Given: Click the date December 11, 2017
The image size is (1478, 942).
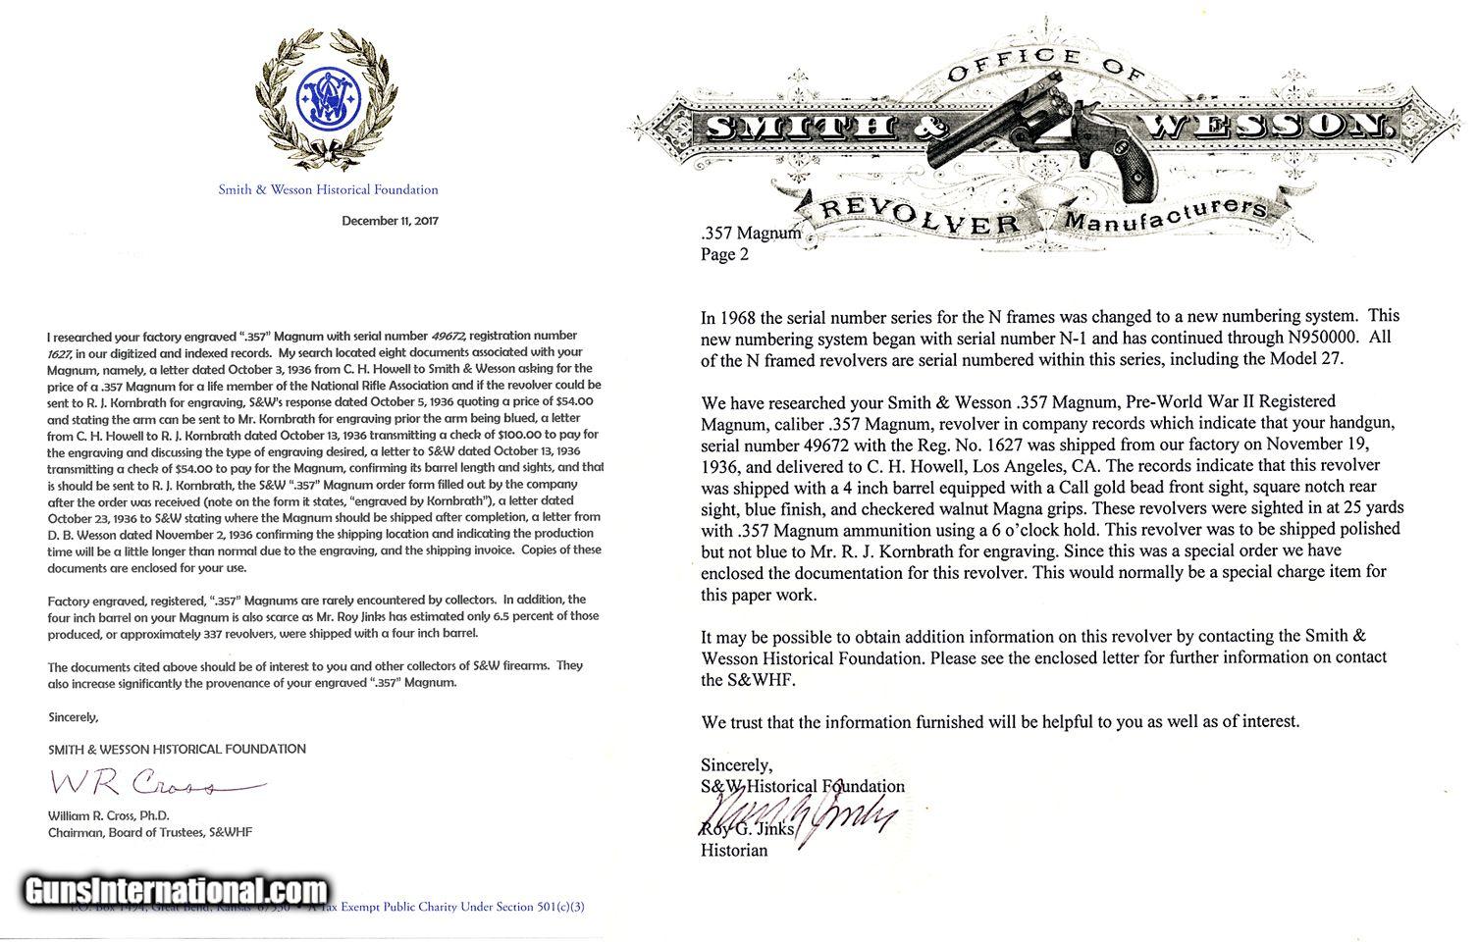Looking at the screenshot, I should [390, 221].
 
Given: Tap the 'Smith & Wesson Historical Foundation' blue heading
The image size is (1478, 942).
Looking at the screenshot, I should [328, 189].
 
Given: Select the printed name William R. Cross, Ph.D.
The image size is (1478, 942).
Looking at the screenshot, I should [109, 815].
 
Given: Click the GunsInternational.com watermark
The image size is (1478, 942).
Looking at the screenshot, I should [175, 892].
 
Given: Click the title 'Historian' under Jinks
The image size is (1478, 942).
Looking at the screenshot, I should [734, 850].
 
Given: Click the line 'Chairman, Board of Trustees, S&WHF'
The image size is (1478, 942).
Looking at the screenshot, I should [150, 832].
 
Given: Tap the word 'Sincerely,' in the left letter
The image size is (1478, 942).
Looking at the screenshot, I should [74, 716].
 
